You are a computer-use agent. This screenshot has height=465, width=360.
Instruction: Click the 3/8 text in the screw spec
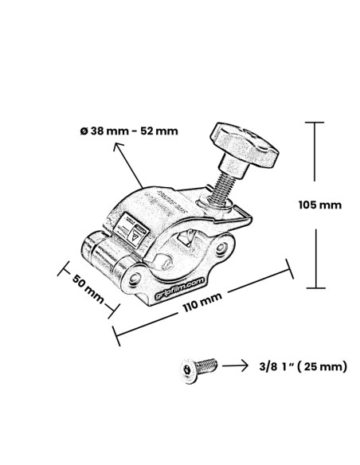point(269,367)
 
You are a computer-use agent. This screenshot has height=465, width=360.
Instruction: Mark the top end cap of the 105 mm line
point(316,123)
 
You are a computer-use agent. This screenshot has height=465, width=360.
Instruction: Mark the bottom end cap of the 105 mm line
point(316,287)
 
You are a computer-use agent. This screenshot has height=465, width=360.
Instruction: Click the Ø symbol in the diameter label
point(84,131)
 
